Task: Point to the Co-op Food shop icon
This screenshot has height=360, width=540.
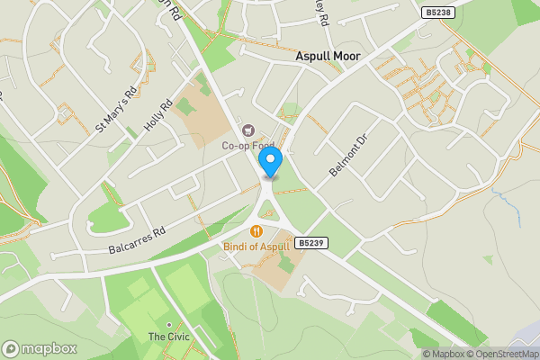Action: click(248, 129)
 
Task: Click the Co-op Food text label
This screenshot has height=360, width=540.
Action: click(248, 145)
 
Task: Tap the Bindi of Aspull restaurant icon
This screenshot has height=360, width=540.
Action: click(257, 230)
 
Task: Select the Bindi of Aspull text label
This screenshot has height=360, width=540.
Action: click(257, 246)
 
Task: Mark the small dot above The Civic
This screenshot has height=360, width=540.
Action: click(167, 324)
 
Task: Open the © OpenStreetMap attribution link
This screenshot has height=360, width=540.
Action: click(503, 354)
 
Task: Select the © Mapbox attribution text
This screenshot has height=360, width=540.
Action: click(444, 354)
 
